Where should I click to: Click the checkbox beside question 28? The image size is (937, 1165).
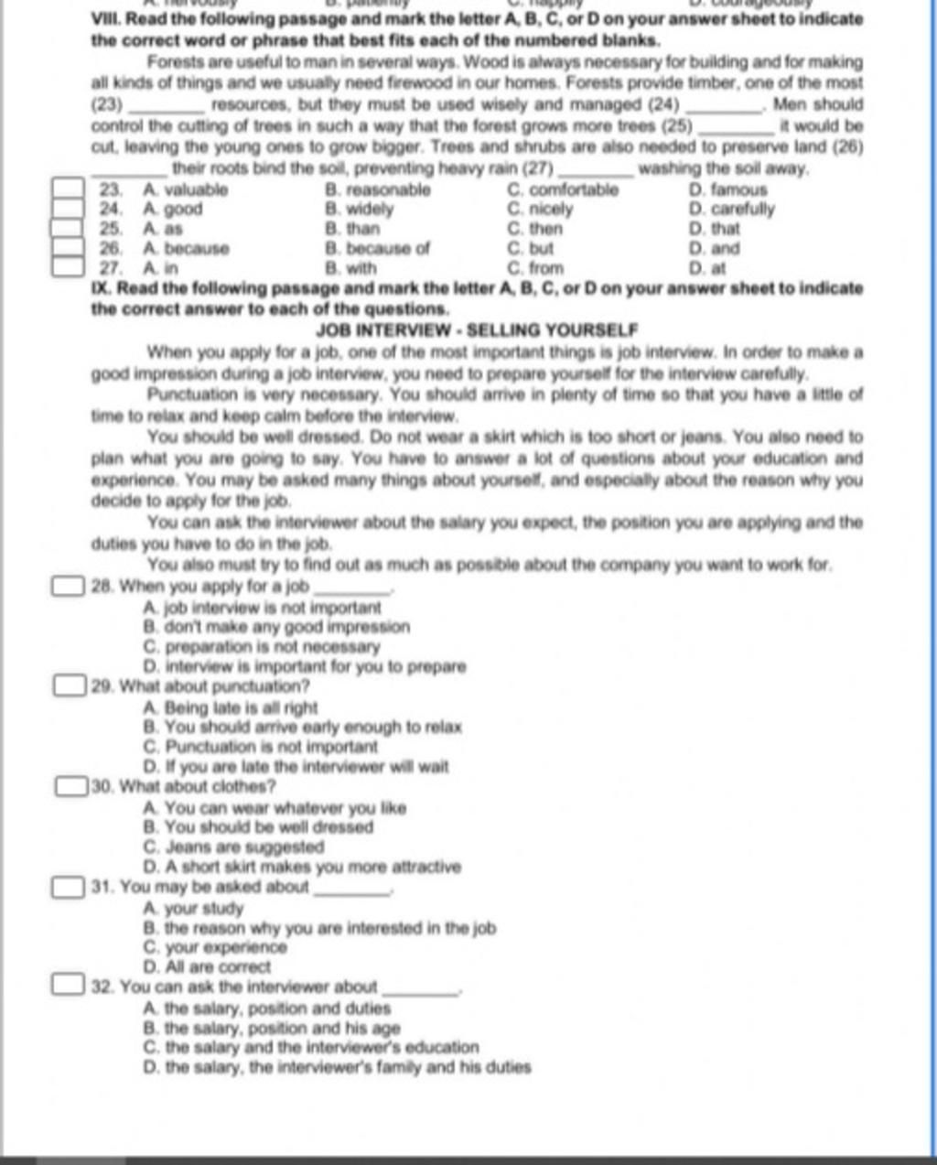tap(69, 586)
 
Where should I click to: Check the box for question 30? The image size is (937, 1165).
tap(71, 786)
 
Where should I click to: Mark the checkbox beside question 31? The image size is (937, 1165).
tap(68, 886)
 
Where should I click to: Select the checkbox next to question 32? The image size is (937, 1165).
tap(68, 986)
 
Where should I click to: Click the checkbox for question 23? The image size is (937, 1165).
tap(66, 189)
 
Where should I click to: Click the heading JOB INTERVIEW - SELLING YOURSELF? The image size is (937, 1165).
tap(476, 329)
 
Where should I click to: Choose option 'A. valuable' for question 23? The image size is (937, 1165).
tap(186, 190)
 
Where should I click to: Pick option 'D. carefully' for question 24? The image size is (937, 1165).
tap(731, 210)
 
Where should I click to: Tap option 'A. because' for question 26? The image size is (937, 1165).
tap(187, 248)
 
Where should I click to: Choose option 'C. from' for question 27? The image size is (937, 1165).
tap(534, 268)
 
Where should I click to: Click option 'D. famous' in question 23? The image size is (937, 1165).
tap(727, 190)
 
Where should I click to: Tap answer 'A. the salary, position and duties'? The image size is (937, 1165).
tap(267, 1009)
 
